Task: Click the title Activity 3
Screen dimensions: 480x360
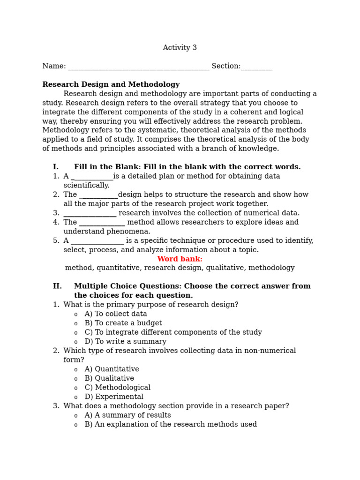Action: coord(180,48)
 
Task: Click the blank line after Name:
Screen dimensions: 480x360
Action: coord(138,67)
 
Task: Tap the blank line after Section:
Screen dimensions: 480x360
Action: coord(256,67)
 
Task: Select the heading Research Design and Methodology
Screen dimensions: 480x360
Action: coord(111,85)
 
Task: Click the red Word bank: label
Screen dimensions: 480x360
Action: coord(180,259)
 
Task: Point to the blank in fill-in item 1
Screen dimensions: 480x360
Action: coord(92,178)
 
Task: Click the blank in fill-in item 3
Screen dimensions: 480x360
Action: coord(90,214)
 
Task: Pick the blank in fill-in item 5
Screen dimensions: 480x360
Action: coord(97,242)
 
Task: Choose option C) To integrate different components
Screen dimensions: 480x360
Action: coord(173,332)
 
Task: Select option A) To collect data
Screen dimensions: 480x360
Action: coord(116,314)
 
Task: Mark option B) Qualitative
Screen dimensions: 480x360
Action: coord(109,378)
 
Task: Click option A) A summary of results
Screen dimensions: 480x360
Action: coord(127,415)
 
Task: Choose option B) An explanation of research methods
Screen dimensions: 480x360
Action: coord(171,425)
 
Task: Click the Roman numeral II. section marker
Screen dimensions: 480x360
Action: coord(57,286)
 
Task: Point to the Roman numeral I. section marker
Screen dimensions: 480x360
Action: coord(56,167)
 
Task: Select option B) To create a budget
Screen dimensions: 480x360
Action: coord(123,323)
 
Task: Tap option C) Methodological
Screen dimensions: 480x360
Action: coord(118,388)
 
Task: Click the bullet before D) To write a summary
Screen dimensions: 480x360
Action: coord(76,342)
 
